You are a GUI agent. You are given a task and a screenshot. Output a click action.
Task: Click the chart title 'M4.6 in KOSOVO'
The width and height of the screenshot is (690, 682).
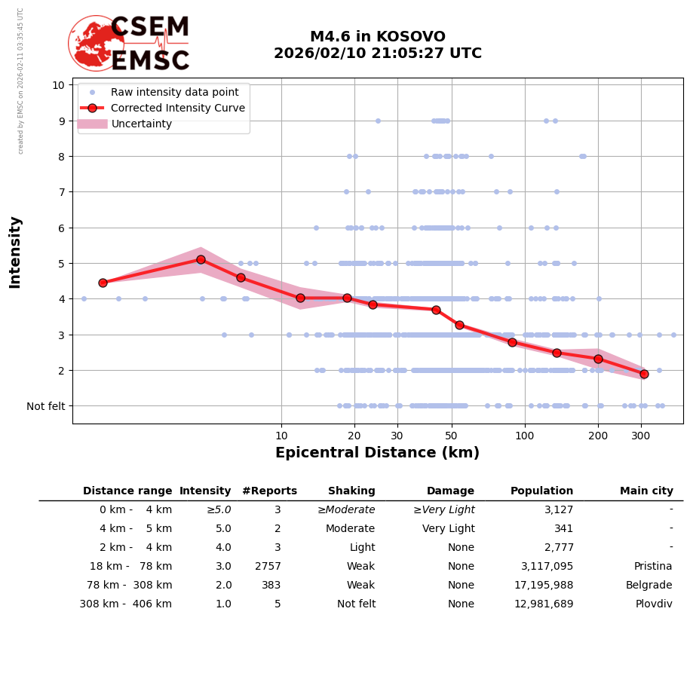(x=377, y=37)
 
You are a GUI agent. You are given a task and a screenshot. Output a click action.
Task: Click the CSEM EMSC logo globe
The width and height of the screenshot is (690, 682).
(x=96, y=43)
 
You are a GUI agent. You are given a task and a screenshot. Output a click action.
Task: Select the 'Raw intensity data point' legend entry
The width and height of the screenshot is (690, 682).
(x=174, y=92)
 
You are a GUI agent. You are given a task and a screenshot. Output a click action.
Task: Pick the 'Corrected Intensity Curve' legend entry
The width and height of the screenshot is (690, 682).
(x=178, y=108)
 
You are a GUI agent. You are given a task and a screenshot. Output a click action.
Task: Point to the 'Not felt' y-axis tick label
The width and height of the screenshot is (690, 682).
(x=46, y=406)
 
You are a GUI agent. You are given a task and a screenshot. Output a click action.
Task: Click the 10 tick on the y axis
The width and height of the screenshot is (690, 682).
(x=58, y=85)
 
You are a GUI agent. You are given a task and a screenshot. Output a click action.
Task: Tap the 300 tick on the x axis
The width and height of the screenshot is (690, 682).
(x=640, y=436)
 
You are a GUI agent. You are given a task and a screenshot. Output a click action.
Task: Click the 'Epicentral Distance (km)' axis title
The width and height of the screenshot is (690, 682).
(x=377, y=453)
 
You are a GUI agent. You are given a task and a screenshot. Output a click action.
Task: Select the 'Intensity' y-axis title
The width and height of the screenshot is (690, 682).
(x=15, y=252)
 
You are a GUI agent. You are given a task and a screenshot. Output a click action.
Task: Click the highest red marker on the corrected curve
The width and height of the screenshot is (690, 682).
(x=201, y=259)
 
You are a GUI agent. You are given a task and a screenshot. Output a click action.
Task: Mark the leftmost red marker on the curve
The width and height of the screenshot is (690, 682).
(x=103, y=283)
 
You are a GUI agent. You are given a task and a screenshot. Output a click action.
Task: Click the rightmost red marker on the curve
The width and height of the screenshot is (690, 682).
(x=644, y=374)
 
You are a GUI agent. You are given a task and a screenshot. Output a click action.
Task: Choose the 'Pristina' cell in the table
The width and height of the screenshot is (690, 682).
(x=653, y=567)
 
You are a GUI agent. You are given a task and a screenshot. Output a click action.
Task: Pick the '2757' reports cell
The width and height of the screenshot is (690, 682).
(x=268, y=567)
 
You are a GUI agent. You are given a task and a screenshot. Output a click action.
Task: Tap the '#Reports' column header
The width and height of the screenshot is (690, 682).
(x=269, y=491)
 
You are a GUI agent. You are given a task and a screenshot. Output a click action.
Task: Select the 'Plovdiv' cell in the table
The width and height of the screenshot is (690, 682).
(x=654, y=604)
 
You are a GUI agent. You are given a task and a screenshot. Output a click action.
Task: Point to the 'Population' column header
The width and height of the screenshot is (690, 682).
(x=541, y=491)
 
